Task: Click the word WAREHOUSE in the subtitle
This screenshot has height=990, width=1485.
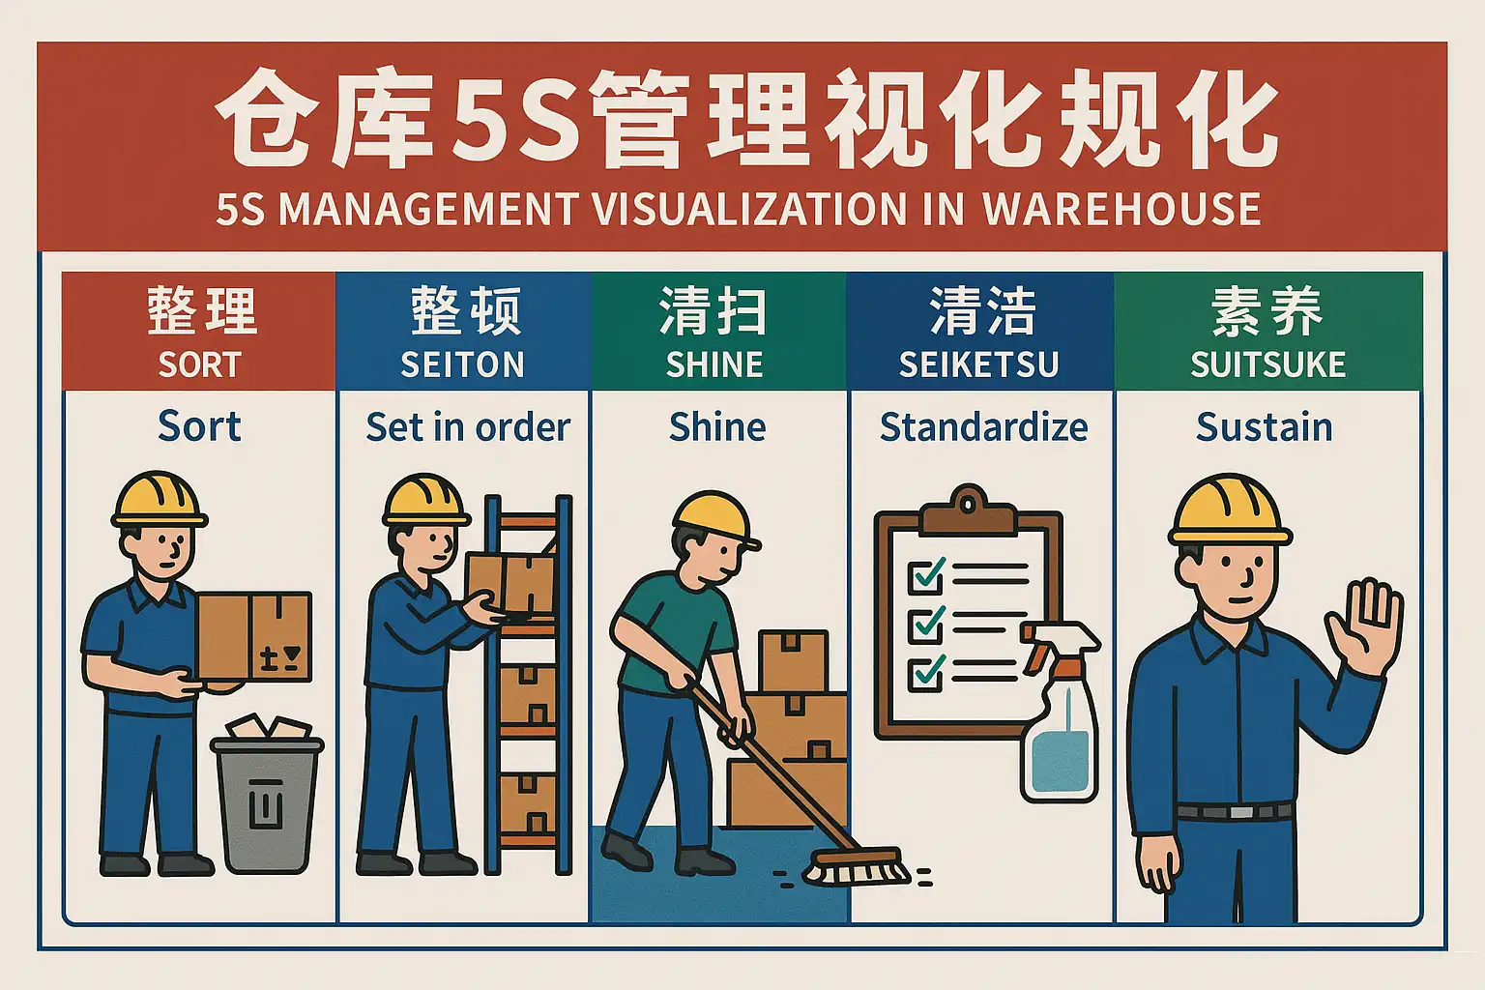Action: click(x=1121, y=210)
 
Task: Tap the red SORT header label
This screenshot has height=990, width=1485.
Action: click(x=199, y=364)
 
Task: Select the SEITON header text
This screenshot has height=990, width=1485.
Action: click(x=463, y=364)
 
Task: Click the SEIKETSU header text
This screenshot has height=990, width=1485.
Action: click(x=979, y=364)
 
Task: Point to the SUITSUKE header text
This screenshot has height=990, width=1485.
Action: click(x=1268, y=364)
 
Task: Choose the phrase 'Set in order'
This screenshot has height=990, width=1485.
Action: click(x=468, y=427)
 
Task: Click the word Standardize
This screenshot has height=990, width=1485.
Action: click(x=984, y=427)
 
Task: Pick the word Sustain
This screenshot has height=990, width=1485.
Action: click(x=1265, y=427)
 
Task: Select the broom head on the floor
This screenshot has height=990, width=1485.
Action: click(x=857, y=867)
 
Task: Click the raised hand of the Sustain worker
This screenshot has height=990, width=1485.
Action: click(x=1364, y=627)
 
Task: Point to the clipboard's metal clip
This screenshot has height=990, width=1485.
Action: click(x=968, y=511)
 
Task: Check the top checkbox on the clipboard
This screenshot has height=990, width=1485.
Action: click(x=925, y=575)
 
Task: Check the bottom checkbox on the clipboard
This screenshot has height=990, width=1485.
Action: click(x=925, y=673)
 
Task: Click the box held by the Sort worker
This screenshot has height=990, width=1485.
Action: click(x=254, y=637)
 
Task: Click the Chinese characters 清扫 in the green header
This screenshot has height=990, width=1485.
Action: click(x=713, y=311)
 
